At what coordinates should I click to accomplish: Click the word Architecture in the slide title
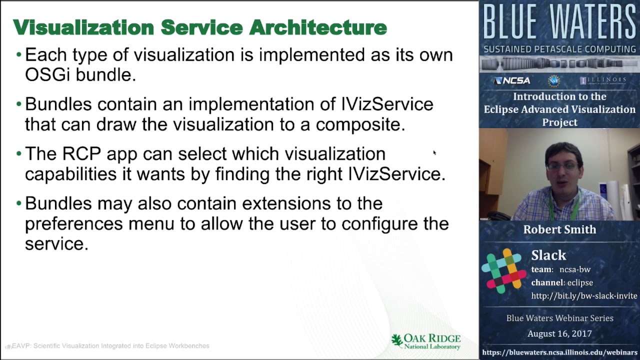318,27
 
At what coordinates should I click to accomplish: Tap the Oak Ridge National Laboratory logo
426,341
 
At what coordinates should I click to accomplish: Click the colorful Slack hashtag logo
504,270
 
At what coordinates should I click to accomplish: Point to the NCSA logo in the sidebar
512,80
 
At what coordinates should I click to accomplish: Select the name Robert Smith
559,229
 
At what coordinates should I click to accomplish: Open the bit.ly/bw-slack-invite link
584,296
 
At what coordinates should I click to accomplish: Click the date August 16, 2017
559,333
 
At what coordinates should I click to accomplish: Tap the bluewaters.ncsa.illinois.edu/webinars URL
559,352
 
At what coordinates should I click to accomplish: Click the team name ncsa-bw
574,269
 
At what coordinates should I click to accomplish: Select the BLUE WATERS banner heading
559,22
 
